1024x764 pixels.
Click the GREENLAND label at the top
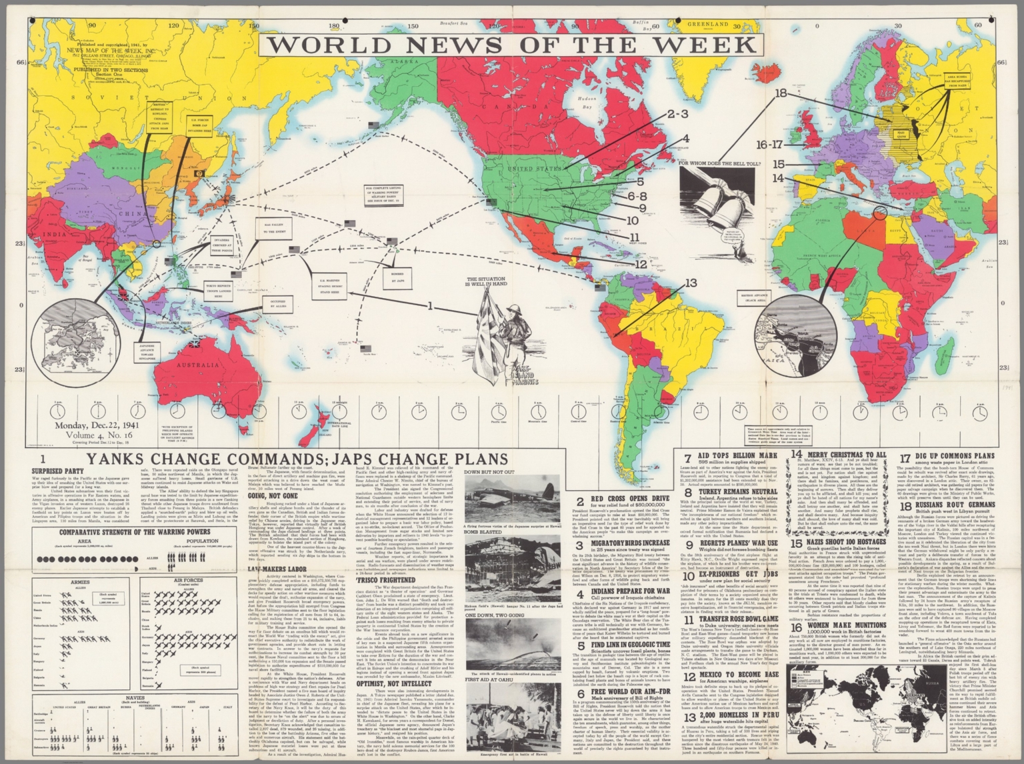[x=708, y=24]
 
